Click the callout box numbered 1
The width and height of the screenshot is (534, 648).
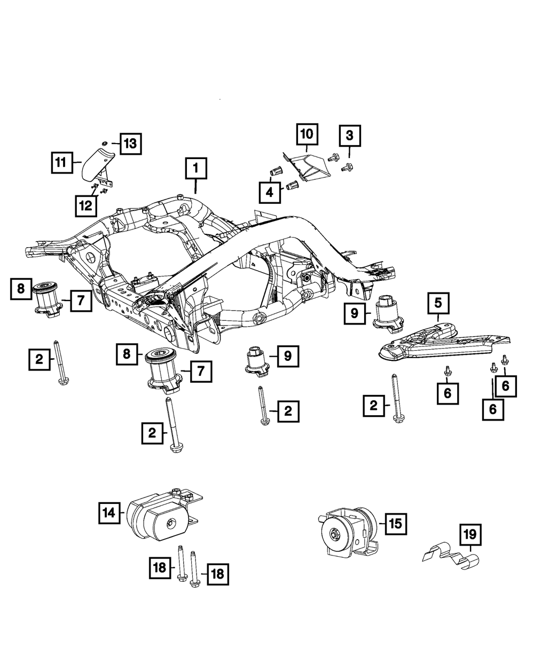(196, 168)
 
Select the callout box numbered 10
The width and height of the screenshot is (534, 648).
(307, 134)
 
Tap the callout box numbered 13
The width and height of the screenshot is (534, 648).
(131, 144)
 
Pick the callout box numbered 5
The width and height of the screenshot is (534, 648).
(438, 303)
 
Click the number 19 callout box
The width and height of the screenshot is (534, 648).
(470, 535)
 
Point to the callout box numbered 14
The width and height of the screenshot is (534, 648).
(109, 513)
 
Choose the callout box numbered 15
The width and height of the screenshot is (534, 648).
(396, 524)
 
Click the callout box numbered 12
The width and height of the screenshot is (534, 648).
(85, 206)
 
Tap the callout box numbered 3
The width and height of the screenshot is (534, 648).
(350, 136)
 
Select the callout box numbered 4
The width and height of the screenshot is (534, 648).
(270, 193)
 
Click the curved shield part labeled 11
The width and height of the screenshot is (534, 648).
(98, 168)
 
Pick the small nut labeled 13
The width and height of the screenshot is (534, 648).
(105, 143)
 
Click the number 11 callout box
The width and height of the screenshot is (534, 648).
(62, 163)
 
